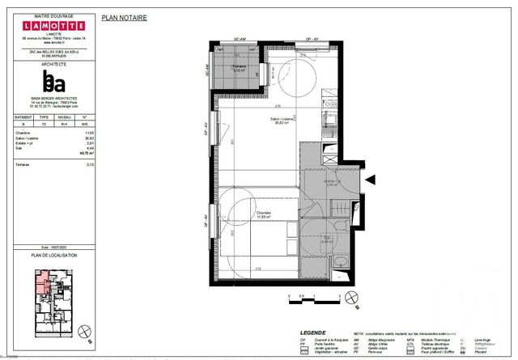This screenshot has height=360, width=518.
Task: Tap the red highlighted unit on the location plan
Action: pos(39,283)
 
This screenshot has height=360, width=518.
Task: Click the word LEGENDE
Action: pos(312,332)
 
